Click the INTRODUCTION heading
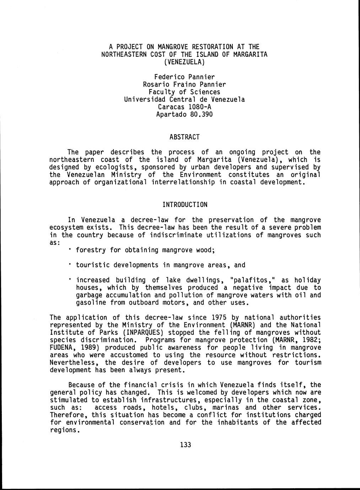click(x=185, y=205)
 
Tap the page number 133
click(x=186, y=445)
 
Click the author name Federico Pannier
click(x=184, y=77)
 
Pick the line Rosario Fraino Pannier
click(x=184, y=85)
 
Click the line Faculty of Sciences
click(x=184, y=92)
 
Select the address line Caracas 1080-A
click(x=184, y=107)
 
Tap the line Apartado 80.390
click(x=184, y=114)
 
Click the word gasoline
click(x=91, y=303)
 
